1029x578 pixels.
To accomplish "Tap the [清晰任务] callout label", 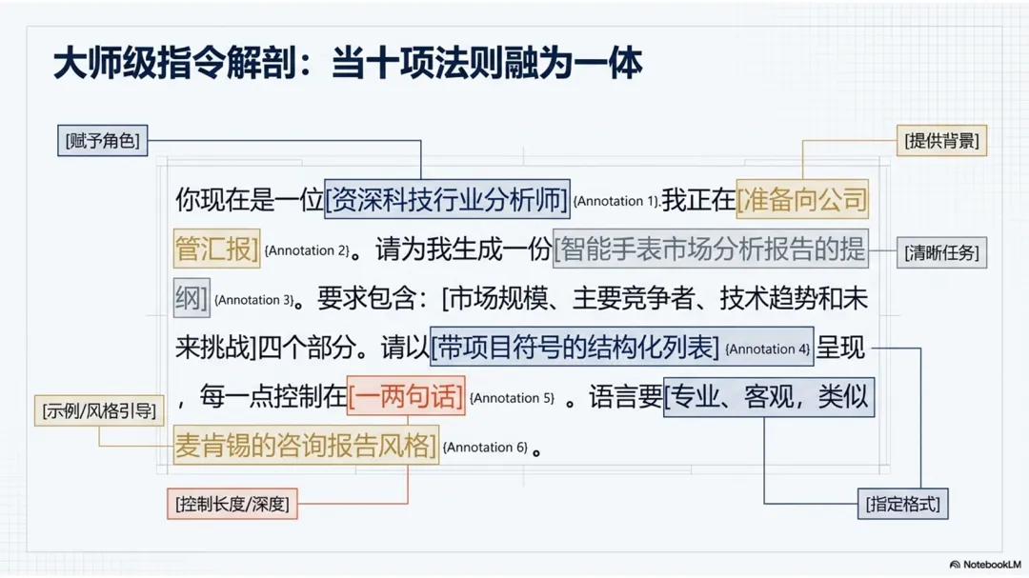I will (x=941, y=253).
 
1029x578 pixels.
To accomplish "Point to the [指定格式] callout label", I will (x=902, y=504).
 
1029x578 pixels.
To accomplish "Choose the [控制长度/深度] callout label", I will (x=232, y=504).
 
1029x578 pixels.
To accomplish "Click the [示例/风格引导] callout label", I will (x=98, y=410).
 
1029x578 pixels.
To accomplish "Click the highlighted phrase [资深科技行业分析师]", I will (x=447, y=200).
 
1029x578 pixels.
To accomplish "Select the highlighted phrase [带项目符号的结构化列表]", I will (x=575, y=349).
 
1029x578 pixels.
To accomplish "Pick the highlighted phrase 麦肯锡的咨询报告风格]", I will (x=306, y=446).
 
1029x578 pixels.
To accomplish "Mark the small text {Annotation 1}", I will (x=615, y=202).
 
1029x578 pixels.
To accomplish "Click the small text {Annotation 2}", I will (x=307, y=251).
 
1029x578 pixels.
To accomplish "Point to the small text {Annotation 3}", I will (x=253, y=300).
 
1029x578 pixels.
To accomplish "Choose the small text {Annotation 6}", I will (x=485, y=448).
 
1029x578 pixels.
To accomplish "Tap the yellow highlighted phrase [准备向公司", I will (x=802, y=200).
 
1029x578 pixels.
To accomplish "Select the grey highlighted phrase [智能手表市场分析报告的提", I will (x=710, y=249).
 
